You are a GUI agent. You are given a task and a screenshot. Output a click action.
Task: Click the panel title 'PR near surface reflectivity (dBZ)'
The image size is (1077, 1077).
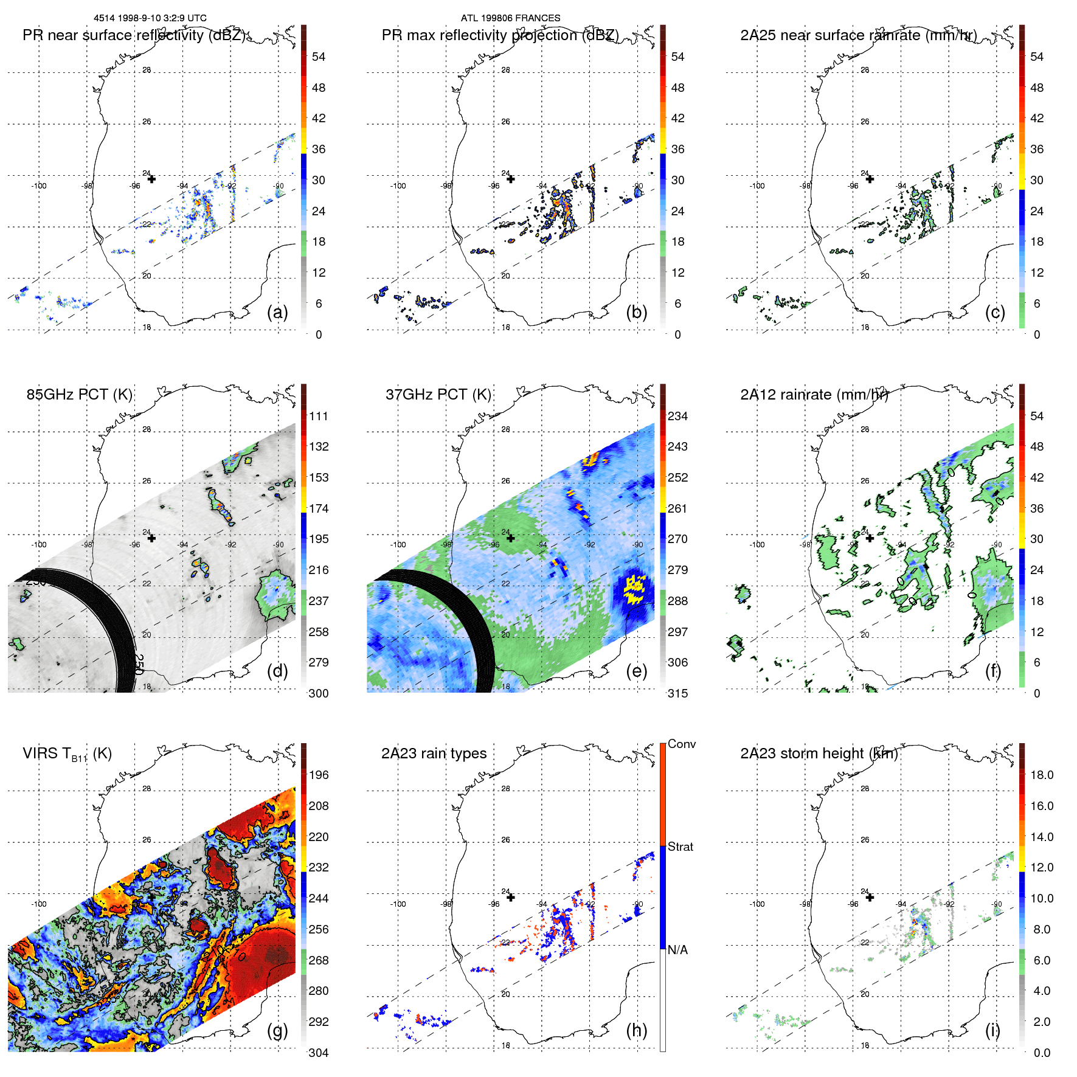(134, 35)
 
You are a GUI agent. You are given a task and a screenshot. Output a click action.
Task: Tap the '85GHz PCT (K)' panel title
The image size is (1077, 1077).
(79, 395)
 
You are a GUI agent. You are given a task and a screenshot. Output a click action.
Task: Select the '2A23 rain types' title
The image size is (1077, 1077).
(434, 753)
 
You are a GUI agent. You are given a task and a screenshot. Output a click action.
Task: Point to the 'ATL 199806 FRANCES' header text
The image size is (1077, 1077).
(510, 18)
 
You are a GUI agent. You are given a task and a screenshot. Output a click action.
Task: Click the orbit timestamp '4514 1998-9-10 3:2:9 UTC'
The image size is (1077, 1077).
(150, 18)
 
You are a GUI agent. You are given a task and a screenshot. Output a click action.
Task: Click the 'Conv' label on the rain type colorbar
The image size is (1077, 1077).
(682, 744)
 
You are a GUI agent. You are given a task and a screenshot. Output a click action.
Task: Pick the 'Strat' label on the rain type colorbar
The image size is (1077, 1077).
(680, 847)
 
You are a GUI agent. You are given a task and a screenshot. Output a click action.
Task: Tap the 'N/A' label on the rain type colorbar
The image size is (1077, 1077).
(677, 950)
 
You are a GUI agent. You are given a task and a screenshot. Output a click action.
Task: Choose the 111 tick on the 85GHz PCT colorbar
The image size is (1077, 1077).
(319, 416)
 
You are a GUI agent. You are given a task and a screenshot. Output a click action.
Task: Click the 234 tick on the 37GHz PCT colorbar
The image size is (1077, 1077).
(677, 416)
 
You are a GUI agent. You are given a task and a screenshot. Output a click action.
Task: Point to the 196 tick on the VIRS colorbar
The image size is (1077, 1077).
(319, 775)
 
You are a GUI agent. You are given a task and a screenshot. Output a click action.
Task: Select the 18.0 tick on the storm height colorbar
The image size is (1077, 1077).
(1042, 775)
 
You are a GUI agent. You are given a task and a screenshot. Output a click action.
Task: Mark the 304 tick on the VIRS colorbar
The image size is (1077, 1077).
(319, 1053)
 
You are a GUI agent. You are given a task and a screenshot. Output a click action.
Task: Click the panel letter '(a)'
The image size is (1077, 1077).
(277, 312)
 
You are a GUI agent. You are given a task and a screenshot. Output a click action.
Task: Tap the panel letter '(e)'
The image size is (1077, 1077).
(636, 671)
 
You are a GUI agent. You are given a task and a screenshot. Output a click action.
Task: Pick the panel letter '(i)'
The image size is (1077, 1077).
(992, 1030)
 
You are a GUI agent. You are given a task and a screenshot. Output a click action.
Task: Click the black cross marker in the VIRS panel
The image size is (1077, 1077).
(151, 897)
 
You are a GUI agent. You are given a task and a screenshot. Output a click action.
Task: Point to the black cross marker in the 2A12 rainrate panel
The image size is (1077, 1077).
(870, 538)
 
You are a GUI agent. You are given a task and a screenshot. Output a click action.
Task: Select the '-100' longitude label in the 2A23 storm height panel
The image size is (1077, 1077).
(757, 904)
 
